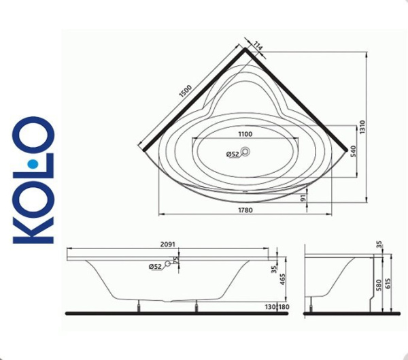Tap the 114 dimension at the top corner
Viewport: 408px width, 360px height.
[x=258, y=46]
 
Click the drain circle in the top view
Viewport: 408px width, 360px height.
[x=246, y=153]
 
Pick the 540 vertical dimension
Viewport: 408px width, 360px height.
[x=352, y=151]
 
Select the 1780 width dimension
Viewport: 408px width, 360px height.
[x=246, y=210]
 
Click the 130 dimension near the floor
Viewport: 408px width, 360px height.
[x=272, y=308]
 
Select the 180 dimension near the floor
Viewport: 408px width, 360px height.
[x=285, y=308]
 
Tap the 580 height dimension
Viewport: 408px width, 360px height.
[x=378, y=286]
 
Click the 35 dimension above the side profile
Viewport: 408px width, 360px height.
[x=379, y=244]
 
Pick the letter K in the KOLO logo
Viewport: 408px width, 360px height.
[x=34, y=224]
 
